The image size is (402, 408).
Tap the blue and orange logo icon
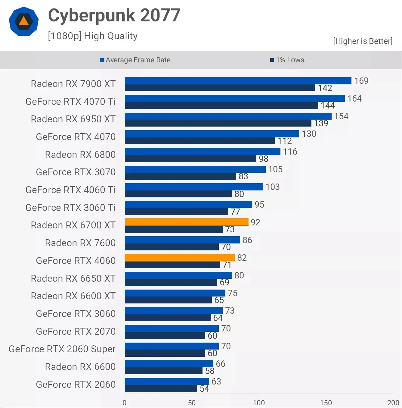(24, 21)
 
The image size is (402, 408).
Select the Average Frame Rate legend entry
(135, 60)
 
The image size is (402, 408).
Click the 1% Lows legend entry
(287, 60)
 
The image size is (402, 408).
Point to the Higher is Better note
(363, 41)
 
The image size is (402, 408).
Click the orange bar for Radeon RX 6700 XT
(187, 222)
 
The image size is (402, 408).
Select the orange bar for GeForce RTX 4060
(180, 258)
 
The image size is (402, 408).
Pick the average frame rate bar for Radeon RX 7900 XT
(238, 81)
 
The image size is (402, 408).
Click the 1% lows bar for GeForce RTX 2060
(161, 388)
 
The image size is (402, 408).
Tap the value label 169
(361, 81)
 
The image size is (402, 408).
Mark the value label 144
(328, 105)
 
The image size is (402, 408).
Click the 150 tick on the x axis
(326, 403)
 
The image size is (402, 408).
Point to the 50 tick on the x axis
(192, 403)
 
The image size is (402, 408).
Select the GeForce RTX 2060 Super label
(62, 349)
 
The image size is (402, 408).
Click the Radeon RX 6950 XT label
(73, 119)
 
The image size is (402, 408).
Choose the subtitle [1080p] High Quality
(93, 36)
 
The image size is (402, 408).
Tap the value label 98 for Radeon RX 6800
(263, 159)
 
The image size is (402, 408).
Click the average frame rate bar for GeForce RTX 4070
(212, 134)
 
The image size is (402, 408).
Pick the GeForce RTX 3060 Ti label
(70, 208)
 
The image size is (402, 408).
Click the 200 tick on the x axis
(393, 403)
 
